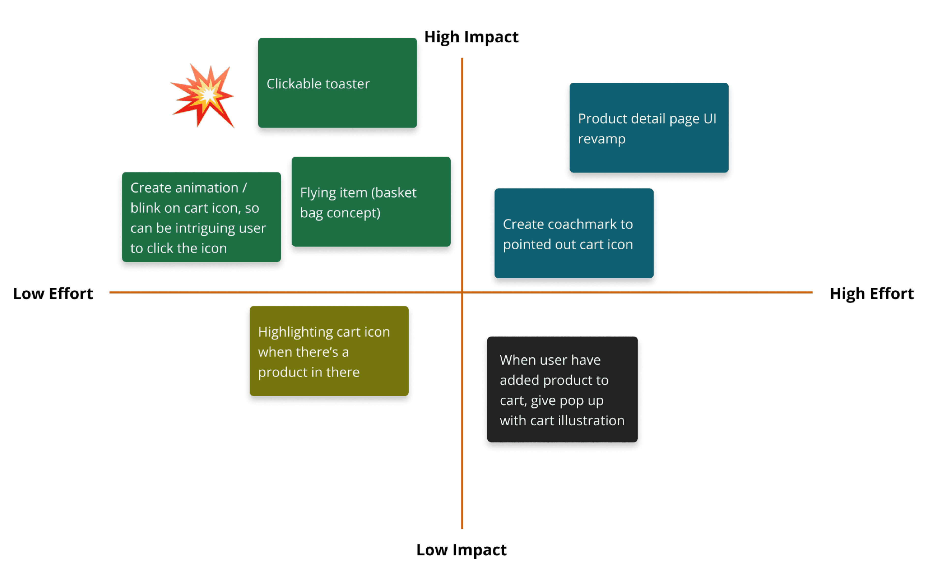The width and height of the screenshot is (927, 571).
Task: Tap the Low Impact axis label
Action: click(x=461, y=550)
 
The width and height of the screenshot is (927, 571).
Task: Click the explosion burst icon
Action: click(x=203, y=95)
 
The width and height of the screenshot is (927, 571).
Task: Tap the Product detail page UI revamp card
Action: click(x=649, y=128)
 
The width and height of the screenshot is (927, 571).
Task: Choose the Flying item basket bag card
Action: click(x=371, y=202)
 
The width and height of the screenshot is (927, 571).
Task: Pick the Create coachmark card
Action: click(x=574, y=233)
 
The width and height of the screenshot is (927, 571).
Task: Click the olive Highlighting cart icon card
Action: click(x=329, y=351)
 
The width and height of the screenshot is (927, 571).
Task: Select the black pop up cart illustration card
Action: click(x=562, y=389)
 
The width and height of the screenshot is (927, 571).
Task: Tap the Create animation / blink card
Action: click(x=201, y=217)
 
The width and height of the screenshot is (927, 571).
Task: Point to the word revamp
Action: click(x=602, y=139)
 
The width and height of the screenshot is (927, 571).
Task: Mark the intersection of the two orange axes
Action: click(x=462, y=292)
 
